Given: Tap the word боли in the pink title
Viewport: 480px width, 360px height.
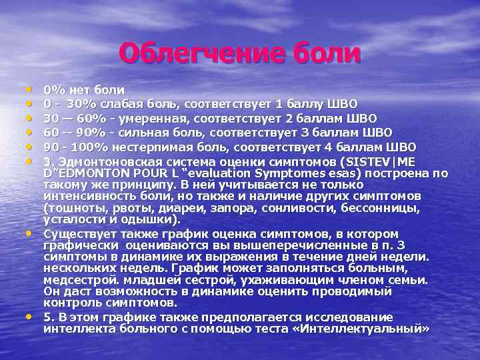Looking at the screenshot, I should [x=324, y=54].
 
